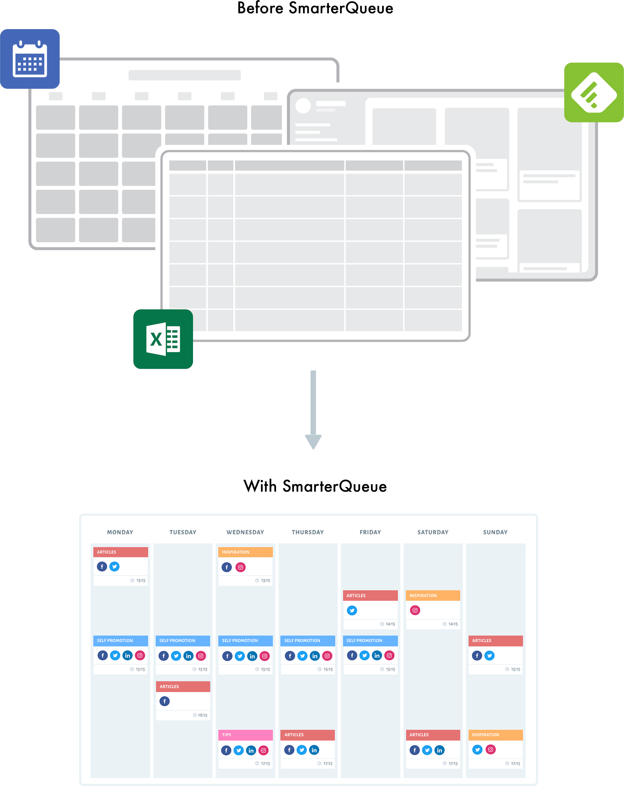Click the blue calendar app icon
point(30,59)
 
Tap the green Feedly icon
point(594,92)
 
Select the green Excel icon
point(163,339)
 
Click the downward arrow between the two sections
point(313,410)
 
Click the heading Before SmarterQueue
point(315,8)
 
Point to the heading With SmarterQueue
point(315,486)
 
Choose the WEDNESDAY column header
point(245,532)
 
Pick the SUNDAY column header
point(495,532)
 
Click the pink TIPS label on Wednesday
point(226,735)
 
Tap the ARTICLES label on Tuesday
point(169,686)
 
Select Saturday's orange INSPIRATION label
point(423,596)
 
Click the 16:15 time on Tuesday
point(202,715)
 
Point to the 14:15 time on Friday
point(390,624)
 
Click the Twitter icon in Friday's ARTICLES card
point(352,611)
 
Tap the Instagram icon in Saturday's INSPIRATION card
point(415,610)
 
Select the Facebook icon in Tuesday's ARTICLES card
point(165,701)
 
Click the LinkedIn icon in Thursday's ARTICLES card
point(314,750)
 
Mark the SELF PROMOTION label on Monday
point(115,640)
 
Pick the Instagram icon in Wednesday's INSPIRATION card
point(240,567)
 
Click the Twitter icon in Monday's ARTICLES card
point(115,566)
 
